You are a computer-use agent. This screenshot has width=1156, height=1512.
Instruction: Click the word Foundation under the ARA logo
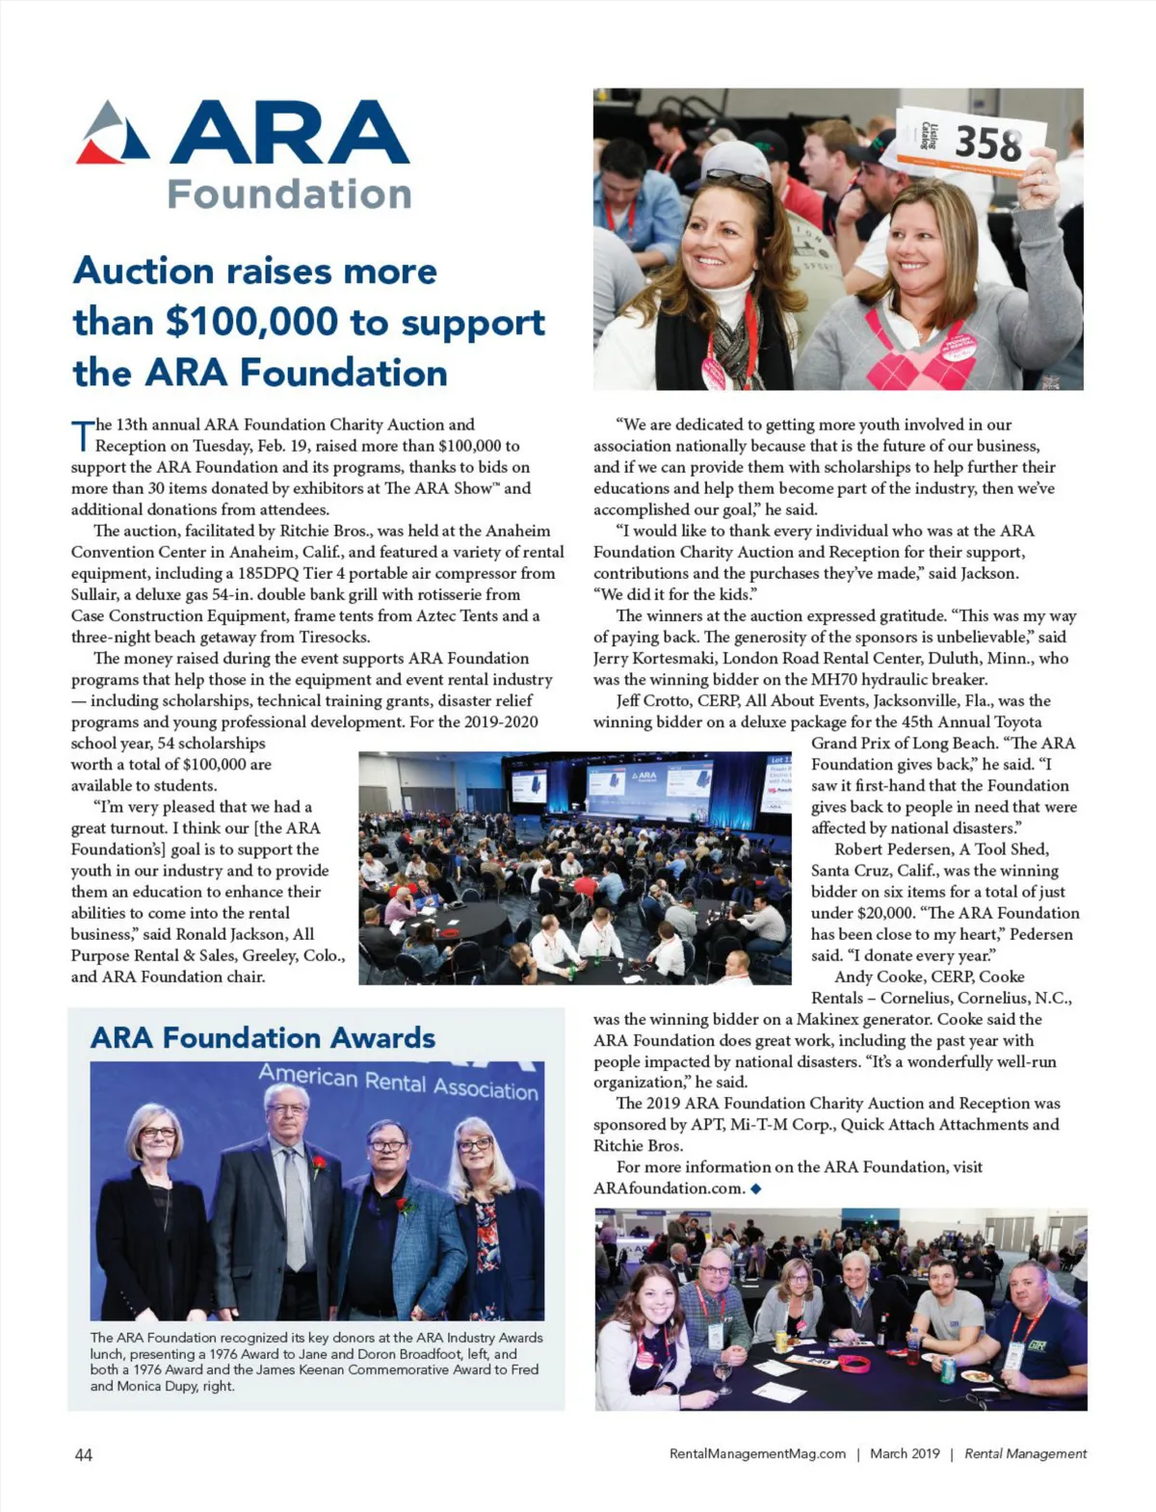pyautogui.click(x=289, y=194)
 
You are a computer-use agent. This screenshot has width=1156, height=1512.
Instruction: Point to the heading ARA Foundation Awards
pyautogui.click(x=263, y=1037)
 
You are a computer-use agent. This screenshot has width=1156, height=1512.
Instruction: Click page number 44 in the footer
pyautogui.click(x=84, y=1454)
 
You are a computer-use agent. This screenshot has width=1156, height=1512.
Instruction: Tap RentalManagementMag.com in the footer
pyautogui.click(x=757, y=1454)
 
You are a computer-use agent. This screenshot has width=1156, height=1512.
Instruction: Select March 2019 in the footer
pyautogui.click(x=905, y=1454)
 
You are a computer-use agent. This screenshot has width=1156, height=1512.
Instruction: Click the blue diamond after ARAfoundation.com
pyautogui.click(x=756, y=1188)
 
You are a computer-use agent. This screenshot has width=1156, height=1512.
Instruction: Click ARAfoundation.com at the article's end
pyautogui.click(x=670, y=1188)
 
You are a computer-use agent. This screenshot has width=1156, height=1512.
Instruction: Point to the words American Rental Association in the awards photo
pyautogui.click(x=398, y=1082)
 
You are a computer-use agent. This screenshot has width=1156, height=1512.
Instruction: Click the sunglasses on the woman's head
pyautogui.click(x=739, y=178)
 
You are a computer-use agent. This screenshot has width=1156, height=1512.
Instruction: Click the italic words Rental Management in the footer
pyautogui.click(x=1025, y=1454)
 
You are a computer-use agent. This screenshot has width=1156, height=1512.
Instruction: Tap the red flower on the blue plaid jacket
pyautogui.click(x=407, y=1205)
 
